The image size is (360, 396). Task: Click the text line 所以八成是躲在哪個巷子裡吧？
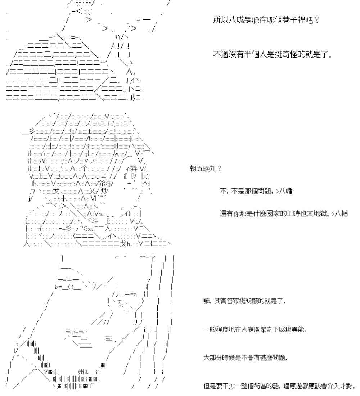(265, 20)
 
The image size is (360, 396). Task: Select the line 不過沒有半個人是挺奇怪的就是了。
(272, 55)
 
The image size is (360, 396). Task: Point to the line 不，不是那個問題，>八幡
(255, 191)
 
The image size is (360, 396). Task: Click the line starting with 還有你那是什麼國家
(284, 213)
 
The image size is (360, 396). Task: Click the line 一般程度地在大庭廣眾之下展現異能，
(255, 329)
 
